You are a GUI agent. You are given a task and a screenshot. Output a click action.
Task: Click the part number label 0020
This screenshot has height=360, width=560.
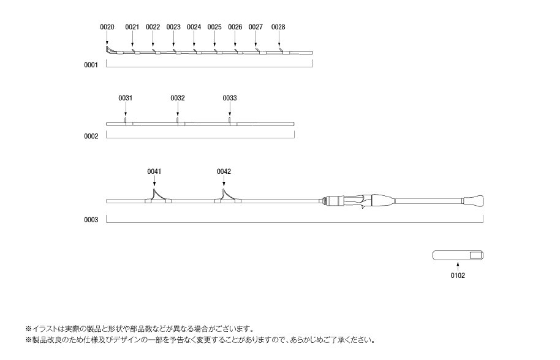[107, 27]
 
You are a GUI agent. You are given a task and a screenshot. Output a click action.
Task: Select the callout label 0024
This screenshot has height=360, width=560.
[194, 27]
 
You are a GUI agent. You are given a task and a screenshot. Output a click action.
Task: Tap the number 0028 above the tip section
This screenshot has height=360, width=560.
[278, 27]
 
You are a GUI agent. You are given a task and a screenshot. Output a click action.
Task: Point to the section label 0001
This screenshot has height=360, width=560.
[91, 65]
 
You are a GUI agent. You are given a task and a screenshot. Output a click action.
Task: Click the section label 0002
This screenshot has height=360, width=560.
[91, 137]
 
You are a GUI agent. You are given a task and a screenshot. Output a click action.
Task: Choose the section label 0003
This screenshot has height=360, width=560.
[91, 220]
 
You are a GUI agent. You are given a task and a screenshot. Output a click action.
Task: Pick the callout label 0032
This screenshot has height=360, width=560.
[178, 98]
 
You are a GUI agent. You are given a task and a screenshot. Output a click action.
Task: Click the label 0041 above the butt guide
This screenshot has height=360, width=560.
[154, 171]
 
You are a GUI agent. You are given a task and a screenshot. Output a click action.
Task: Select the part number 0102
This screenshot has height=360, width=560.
[458, 276]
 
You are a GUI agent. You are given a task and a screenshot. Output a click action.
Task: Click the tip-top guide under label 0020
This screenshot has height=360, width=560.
[108, 50]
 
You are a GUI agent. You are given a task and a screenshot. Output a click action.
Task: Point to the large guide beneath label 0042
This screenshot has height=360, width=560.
[228, 197]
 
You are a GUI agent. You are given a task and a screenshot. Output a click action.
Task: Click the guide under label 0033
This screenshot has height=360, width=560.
[232, 122]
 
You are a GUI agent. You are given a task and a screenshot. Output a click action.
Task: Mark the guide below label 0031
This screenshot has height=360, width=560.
[128, 122]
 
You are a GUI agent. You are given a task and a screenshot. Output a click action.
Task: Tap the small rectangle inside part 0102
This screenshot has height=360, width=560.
[475, 255]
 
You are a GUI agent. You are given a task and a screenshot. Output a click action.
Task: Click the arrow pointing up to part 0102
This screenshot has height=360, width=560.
[458, 266]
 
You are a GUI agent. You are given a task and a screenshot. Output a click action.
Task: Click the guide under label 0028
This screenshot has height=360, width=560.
[284, 51]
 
